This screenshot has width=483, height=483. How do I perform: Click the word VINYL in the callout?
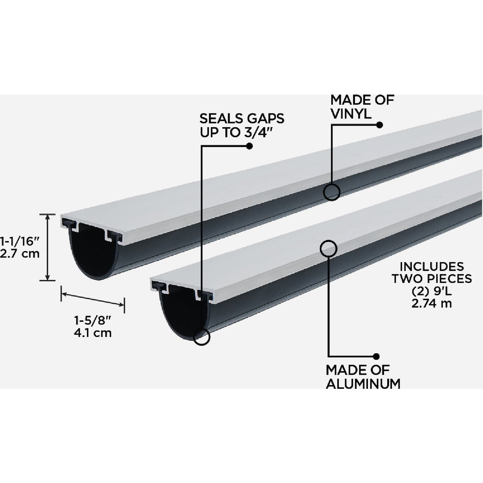[x=351, y=114]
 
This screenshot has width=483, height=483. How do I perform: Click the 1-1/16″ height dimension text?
[x=20, y=242]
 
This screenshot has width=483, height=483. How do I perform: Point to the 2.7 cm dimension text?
[x=20, y=254]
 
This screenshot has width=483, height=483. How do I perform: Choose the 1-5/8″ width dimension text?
[x=93, y=320]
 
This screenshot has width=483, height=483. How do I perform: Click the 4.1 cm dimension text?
[x=93, y=333]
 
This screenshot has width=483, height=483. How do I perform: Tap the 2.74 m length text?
[x=431, y=303]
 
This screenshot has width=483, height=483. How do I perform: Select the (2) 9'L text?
[x=431, y=291]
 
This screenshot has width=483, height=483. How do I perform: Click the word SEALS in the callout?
[x=220, y=119]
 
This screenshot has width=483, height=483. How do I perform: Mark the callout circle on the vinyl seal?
[x=332, y=192]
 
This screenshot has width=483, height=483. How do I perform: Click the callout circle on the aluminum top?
[x=328, y=248]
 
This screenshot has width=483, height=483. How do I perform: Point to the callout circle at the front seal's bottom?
[x=202, y=336]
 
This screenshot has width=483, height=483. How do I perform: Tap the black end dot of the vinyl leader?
[x=380, y=125]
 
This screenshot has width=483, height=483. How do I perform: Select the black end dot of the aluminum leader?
[x=376, y=356]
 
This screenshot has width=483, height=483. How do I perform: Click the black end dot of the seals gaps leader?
[x=250, y=146]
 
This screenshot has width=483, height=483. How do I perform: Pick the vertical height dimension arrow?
[x=47, y=248]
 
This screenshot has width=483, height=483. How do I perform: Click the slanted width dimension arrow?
[x=93, y=300]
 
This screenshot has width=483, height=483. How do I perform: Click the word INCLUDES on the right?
[x=431, y=266]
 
